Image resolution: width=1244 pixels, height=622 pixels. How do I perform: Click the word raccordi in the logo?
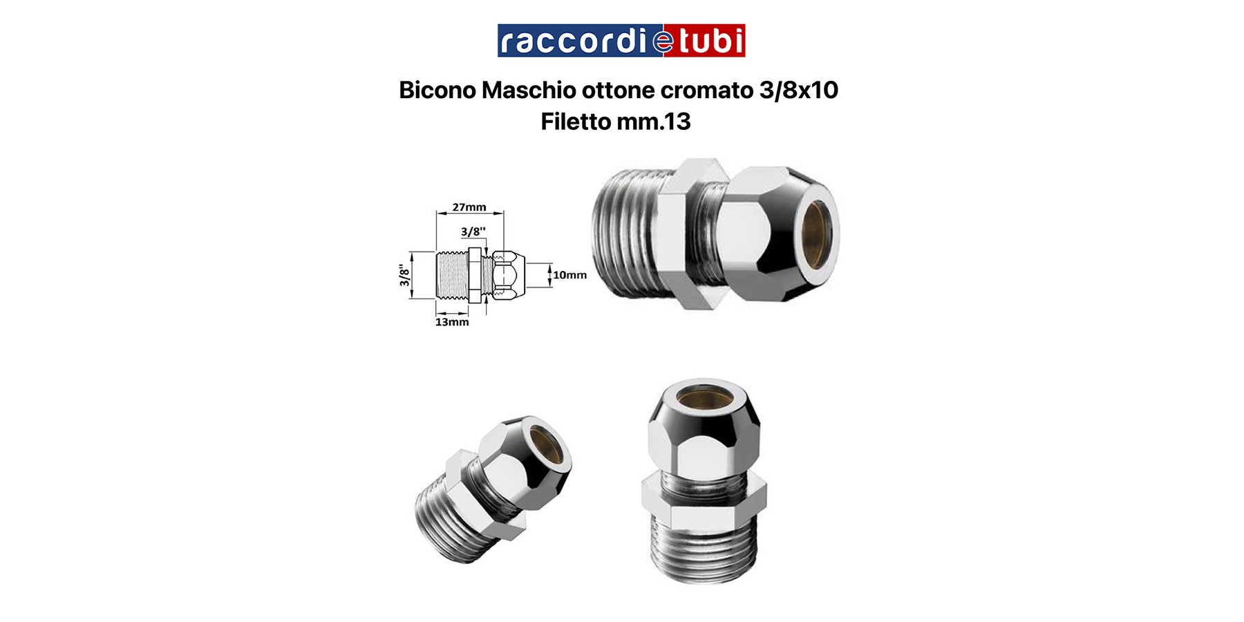(x=574, y=41)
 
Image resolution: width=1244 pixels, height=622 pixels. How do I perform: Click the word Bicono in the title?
(x=437, y=90)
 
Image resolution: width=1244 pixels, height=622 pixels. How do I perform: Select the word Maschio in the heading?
(x=529, y=90)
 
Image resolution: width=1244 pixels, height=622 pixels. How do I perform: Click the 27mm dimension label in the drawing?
(x=469, y=207)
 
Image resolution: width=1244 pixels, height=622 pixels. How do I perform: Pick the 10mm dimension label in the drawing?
(x=569, y=275)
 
